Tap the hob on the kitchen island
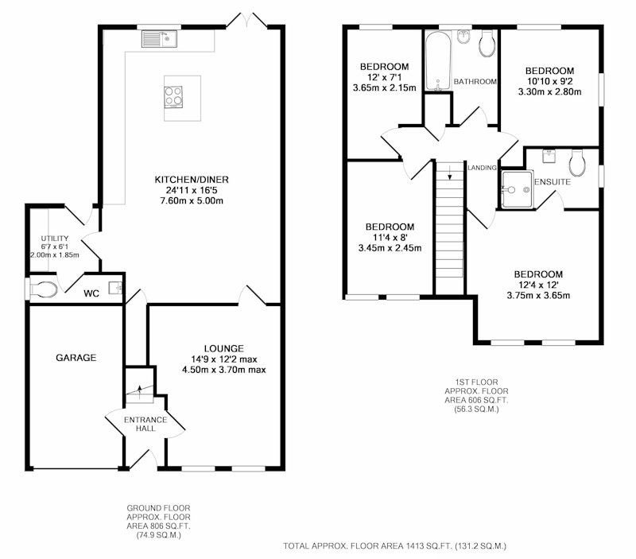pos(173,97)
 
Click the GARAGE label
pos(76,357)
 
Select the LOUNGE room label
pos(224,348)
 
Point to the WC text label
pos(91,293)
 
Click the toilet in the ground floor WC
pos(44,289)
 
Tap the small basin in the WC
pos(115,288)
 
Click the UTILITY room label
pos(55,239)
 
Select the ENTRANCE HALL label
pos(145,424)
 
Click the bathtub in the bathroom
pos(438,61)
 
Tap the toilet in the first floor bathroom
pos(487,44)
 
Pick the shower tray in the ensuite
pos(516,190)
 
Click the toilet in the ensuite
pos(577,163)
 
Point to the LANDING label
pos(482,168)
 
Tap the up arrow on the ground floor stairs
pos(140,391)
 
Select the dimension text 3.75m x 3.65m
pos(538,295)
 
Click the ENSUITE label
pos(553,182)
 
